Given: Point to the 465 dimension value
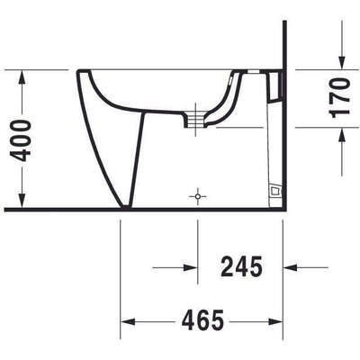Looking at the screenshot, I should [x=202, y=320].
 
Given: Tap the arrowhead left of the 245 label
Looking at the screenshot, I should [x=190, y=267].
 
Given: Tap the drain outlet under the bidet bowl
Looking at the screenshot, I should [x=192, y=117].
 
